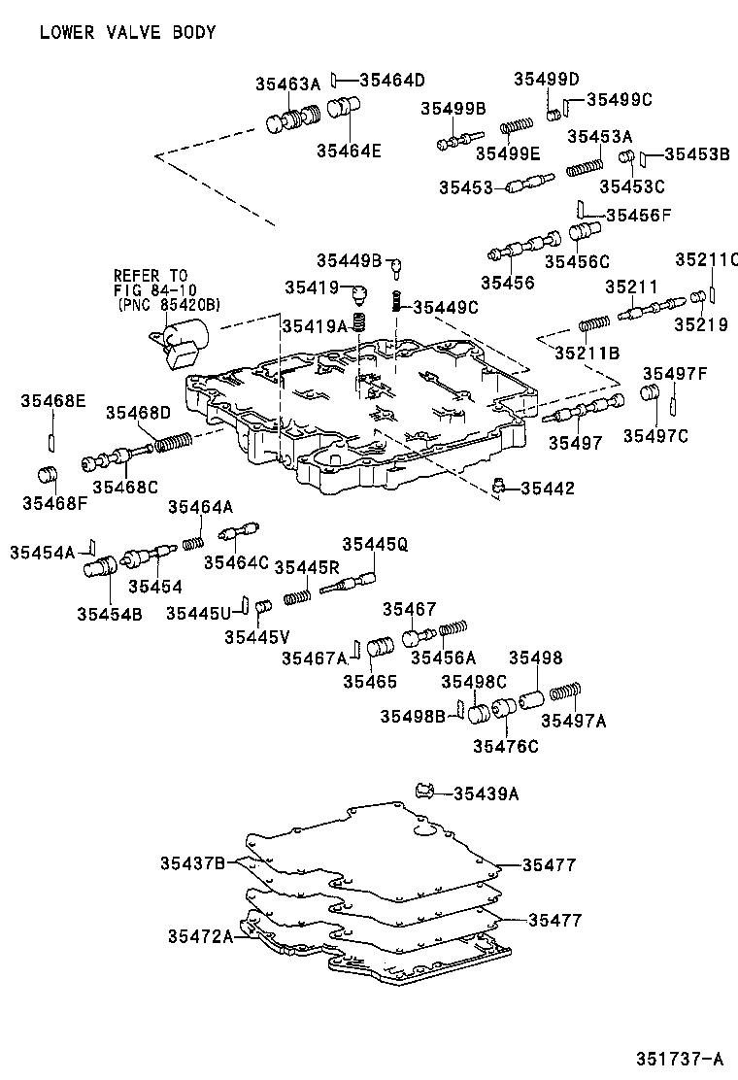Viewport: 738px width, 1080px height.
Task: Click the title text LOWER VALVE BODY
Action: pos(127,32)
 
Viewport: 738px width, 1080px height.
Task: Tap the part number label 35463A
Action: pos(287,84)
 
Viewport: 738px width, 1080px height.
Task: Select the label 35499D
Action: pos(546,79)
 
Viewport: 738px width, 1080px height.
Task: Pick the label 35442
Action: pos(548,488)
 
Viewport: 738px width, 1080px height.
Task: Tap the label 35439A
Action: pos(486,793)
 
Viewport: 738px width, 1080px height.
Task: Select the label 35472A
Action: pos(200,935)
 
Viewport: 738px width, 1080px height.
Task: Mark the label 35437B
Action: pos(193,862)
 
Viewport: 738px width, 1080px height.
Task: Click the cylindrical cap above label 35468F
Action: pos(49,477)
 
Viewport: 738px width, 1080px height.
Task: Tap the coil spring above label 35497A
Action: pos(564,692)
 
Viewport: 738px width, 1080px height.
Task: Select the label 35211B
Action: pos(587,353)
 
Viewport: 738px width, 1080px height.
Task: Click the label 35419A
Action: pos(314,327)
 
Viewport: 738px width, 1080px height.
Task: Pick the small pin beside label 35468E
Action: pos(50,442)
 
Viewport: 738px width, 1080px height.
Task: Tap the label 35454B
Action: pos(110,613)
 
